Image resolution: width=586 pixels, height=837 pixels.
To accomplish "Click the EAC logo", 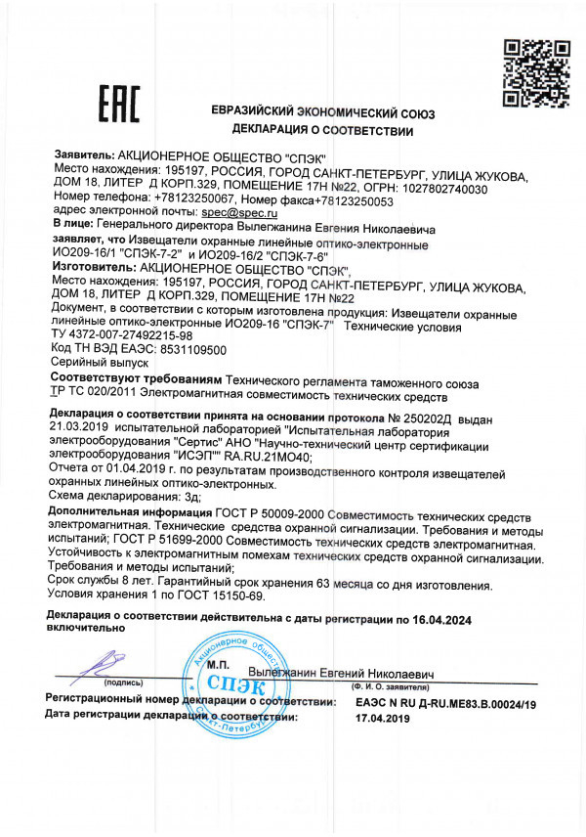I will (120, 104).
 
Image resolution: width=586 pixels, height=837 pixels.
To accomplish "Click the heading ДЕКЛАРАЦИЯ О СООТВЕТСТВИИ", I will (322, 130).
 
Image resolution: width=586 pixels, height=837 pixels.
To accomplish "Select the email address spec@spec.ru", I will (239, 211).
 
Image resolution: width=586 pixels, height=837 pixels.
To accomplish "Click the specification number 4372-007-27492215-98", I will (140, 333).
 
